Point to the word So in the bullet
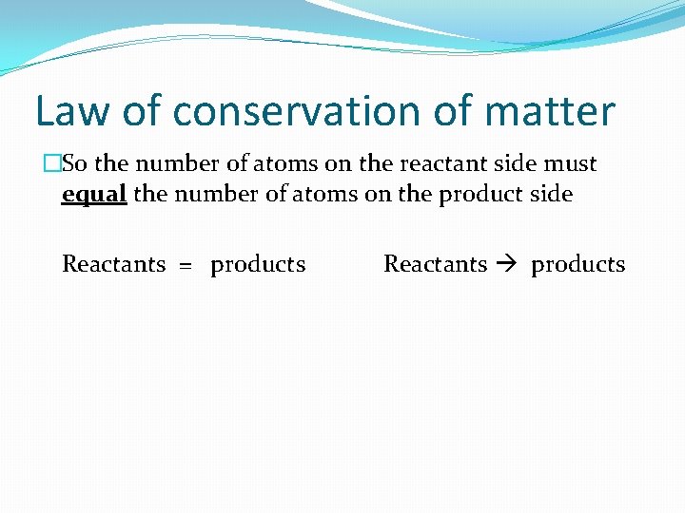pyautogui.click(x=75, y=163)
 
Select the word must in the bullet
pyautogui.click(x=571, y=163)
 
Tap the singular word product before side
pyautogui.click(x=486, y=195)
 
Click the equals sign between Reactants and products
pyautogui.click(x=187, y=265)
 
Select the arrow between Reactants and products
pyautogui.click(x=509, y=265)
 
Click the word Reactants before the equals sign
pyautogui.click(x=113, y=264)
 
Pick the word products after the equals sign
pyautogui.click(x=258, y=265)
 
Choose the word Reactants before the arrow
pyautogui.click(x=435, y=264)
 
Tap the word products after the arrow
pyautogui.click(x=577, y=265)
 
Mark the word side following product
pyautogui.click(x=551, y=195)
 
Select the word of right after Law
pyautogui.click(x=142, y=112)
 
